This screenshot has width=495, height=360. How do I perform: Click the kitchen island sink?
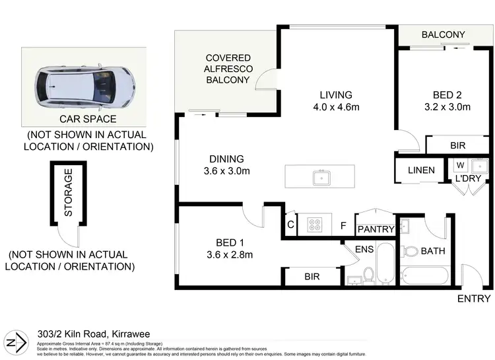coord(321,176)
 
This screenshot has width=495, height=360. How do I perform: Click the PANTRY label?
coord(376,229)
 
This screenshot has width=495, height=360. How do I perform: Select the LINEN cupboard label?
coord(420,170)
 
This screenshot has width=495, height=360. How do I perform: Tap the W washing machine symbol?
coord(460,165)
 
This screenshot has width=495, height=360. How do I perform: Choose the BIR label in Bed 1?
coord(313,277)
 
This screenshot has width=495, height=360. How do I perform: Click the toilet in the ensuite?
coord(370,273)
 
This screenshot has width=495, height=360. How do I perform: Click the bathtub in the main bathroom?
coord(426,275)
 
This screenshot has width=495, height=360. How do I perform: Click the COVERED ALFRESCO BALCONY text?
coord(226,68)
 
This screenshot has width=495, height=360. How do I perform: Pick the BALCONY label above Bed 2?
coord(444,35)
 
